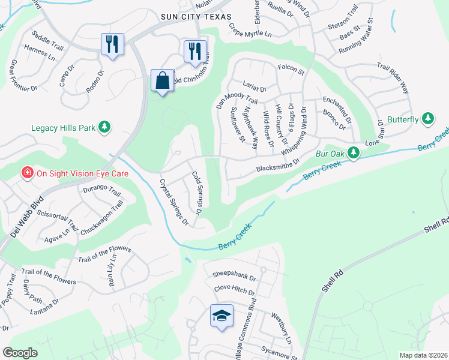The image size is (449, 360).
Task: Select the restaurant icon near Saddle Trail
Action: [112, 44]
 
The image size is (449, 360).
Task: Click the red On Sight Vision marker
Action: [27, 173]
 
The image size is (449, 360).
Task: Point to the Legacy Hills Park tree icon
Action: [104, 127]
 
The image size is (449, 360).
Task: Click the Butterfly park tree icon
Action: [427, 119]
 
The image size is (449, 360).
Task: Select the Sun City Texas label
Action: [191, 17]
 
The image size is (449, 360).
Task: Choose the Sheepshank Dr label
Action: [234, 278]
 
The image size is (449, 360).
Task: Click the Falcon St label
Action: [291, 70]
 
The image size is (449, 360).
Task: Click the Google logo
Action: [20, 353]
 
